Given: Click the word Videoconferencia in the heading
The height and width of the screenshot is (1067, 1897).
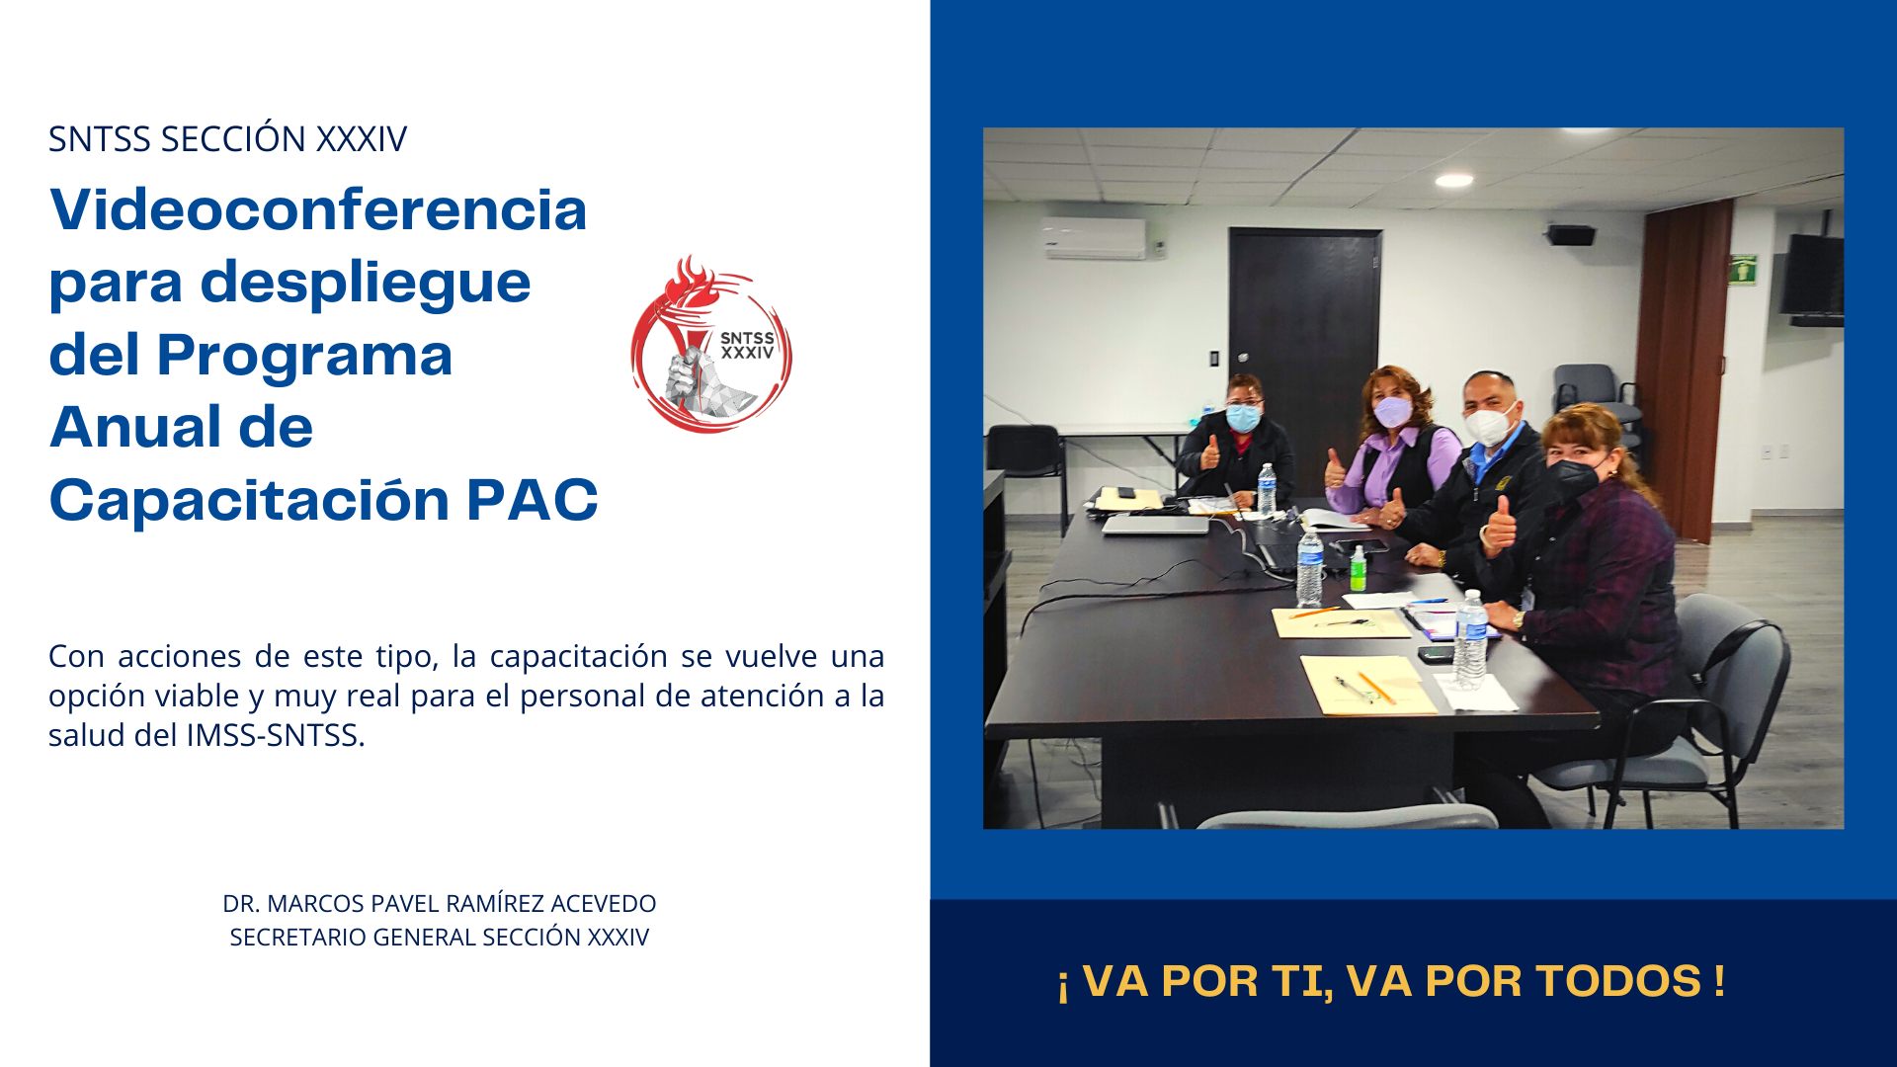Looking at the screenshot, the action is coord(318,209).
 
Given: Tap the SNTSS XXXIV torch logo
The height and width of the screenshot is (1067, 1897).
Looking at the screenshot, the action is coord(711,344).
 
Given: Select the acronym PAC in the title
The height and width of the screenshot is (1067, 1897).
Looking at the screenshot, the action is coord(532,500).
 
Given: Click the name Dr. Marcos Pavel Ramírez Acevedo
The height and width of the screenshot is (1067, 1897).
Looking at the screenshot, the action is coord(440,903).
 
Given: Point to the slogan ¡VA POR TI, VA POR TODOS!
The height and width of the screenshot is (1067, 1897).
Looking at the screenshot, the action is coord(1391,981).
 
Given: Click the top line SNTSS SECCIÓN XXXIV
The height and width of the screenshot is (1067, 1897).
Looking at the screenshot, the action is coord(227,139).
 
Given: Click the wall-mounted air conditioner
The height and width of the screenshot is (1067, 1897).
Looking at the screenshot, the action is coord(1094,238).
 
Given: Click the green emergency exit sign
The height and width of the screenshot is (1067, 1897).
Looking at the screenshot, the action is coord(1743,269).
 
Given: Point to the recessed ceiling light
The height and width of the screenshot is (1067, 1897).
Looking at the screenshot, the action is coord(1453,180).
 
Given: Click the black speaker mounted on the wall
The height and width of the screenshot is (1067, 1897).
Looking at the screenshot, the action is coord(1571,235).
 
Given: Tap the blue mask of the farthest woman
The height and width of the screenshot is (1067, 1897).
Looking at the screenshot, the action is coord(1243,418).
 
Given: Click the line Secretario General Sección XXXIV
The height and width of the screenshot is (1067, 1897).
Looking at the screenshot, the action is coord(440,937).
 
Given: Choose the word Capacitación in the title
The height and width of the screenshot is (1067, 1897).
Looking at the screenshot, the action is coord(252,500).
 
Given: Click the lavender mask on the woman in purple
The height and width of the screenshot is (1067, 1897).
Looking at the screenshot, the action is coord(1392,411).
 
